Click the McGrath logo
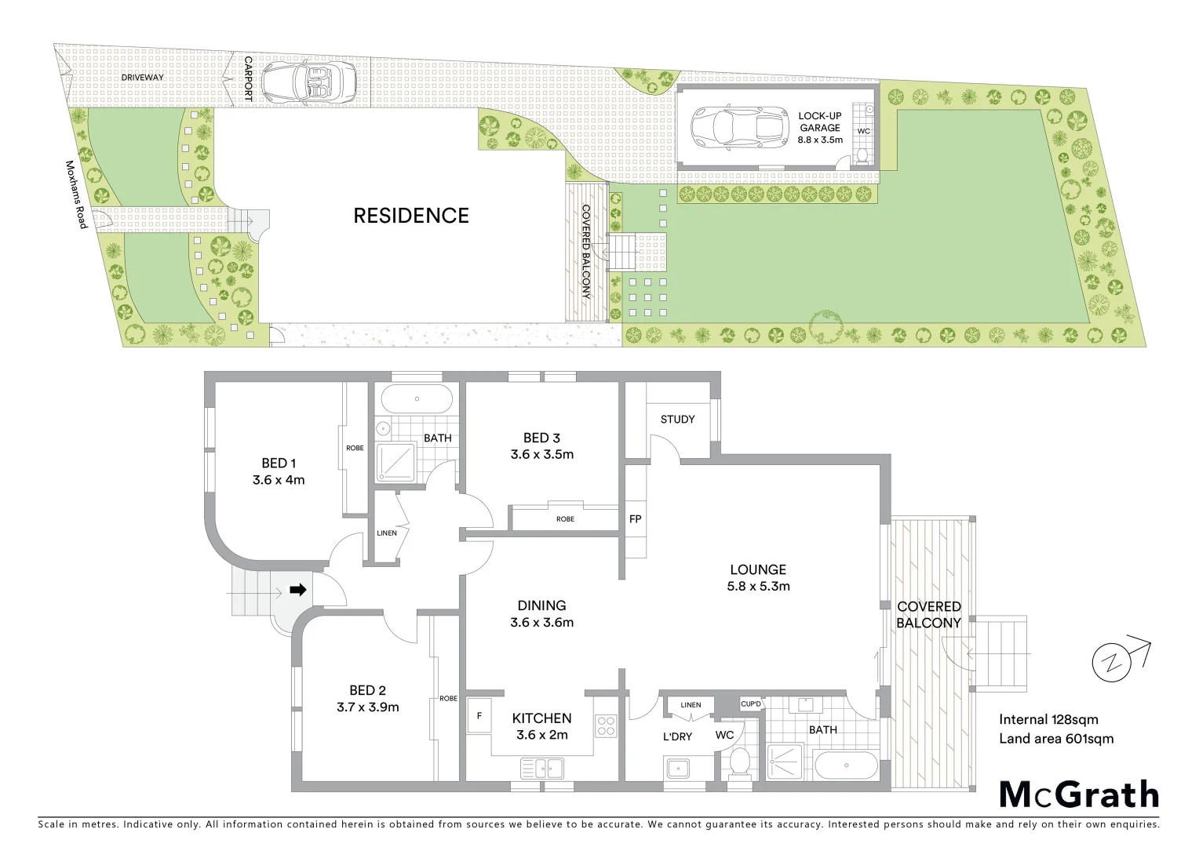(1078, 794)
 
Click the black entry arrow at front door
(297, 590)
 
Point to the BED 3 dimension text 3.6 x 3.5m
(541, 454)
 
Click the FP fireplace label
(635, 519)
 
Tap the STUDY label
(677, 420)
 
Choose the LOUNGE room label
(757, 570)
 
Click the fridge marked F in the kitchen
(477, 715)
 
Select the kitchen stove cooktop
(605, 725)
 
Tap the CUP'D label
(751, 704)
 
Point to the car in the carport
(308, 80)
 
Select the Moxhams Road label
(75, 195)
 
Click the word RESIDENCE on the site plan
(410, 216)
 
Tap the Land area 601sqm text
(1055, 738)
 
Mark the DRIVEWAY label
(142, 77)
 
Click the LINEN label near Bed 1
(386, 533)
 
